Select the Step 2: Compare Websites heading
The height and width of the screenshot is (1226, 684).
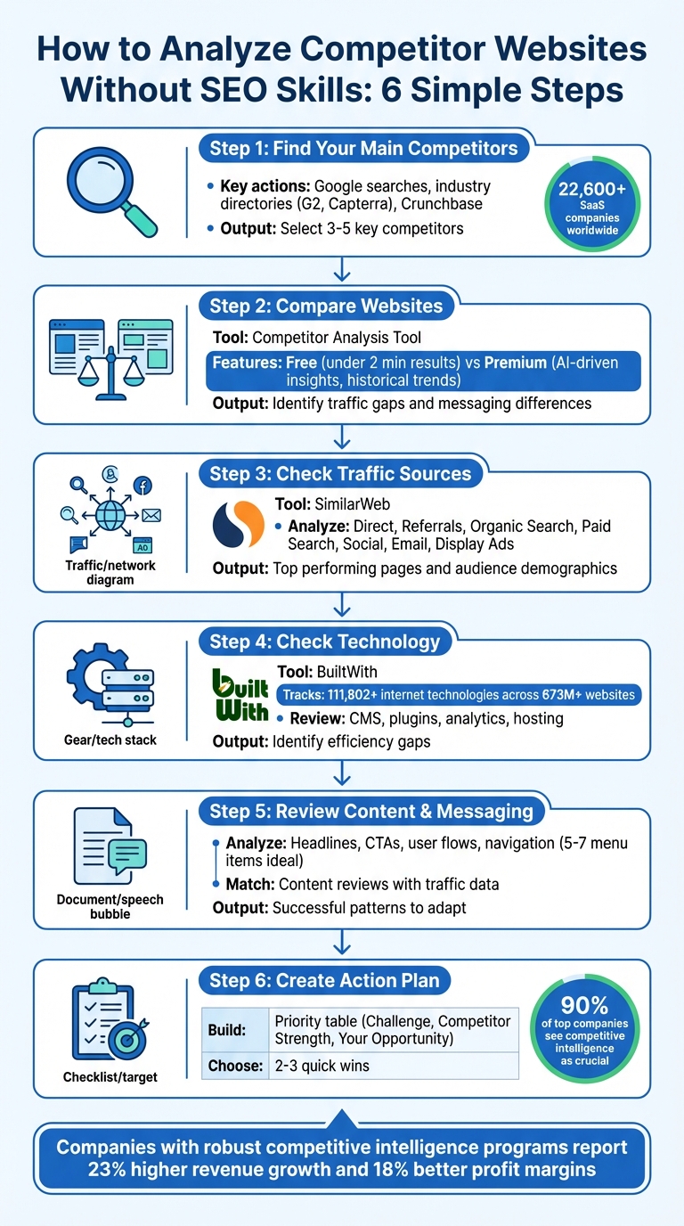(x=326, y=306)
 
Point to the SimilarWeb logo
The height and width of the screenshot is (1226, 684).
(x=238, y=524)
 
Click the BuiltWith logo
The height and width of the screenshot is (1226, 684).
(x=240, y=696)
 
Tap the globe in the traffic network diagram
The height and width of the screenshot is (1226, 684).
(x=110, y=514)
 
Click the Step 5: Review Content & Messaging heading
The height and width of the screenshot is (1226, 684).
(x=370, y=811)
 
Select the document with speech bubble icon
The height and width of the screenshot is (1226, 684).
(x=110, y=850)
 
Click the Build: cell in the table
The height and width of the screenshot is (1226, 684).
(x=234, y=1031)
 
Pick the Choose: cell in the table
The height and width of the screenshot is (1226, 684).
(x=236, y=1066)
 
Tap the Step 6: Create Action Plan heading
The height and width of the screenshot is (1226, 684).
(x=324, y=980)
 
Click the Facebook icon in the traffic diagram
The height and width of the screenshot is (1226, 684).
(x=142, y=486)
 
